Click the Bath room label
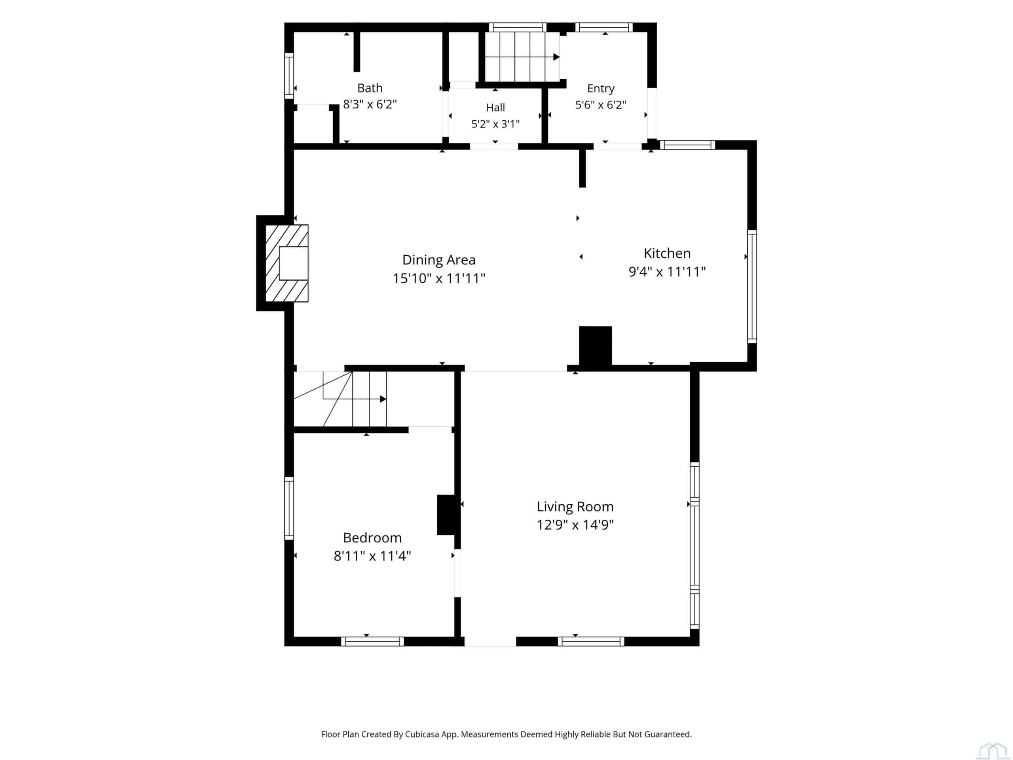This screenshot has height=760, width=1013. (x=370, y=88)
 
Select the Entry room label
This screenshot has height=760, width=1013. (x=600, y=88)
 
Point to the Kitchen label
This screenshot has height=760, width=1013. (x=667, y=253)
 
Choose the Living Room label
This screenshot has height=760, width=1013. (x=575, y=507)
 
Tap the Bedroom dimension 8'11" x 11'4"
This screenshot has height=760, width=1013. (x=372, y=556)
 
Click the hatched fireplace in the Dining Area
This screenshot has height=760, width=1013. (x=286, y=263)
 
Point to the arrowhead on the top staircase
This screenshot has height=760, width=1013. (x=556, y=57)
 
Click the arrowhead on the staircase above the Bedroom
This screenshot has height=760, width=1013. (x=383, y=399)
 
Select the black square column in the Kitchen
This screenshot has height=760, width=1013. (x=596, y=346)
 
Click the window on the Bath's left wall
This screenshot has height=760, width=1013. (x=289, y=76)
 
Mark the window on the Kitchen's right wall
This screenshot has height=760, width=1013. (x=752, y=286)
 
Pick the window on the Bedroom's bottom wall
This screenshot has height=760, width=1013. (x=372, y=641)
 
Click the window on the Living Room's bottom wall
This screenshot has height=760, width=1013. (x=591, y=641)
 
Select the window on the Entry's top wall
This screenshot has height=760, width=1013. (x=604, y=27)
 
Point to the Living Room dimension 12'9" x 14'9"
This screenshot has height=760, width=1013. (x=575, y=525)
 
